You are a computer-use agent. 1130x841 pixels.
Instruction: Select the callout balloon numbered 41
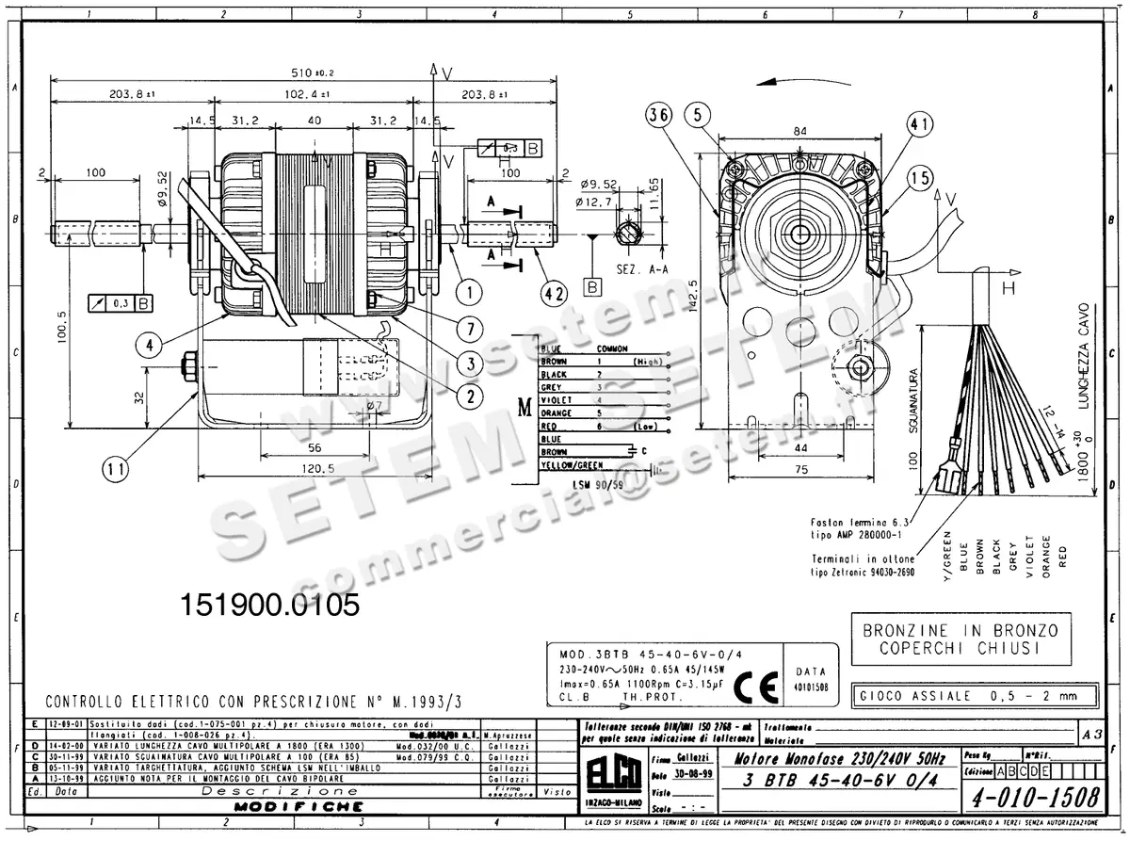click(920, 124)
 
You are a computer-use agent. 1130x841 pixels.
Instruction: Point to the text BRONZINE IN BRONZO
click(960, 630)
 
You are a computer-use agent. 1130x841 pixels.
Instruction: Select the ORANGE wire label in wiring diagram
click(557, 413)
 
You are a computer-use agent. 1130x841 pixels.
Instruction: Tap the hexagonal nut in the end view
click(800, 229)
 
